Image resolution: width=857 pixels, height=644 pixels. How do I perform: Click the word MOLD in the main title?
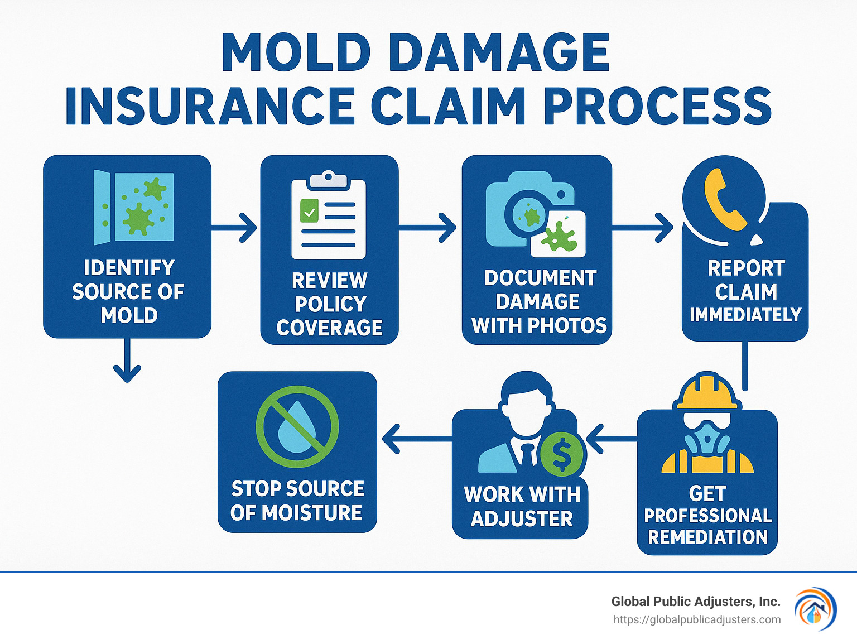(296, 52)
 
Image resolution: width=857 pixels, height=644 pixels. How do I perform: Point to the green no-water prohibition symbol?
(297, 426)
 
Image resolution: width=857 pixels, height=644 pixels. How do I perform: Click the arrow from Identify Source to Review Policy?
(234, 227)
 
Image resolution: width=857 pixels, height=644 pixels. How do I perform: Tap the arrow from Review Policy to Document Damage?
(428, 227)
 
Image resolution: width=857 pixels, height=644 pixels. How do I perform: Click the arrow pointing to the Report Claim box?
(643, 227)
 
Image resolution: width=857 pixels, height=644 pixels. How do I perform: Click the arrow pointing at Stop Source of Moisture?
(416, 438)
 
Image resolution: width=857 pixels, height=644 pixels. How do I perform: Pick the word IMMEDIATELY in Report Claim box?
(745, 315)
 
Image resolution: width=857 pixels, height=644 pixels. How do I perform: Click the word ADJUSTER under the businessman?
(522, 519)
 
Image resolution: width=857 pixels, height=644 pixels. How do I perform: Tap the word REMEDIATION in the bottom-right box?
(707, 537)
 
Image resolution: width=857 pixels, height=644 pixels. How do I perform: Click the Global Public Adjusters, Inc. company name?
(695, 602)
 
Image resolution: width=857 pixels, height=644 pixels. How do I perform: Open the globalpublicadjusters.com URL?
(697, 619)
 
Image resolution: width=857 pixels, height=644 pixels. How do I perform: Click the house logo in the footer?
(815, 609)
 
